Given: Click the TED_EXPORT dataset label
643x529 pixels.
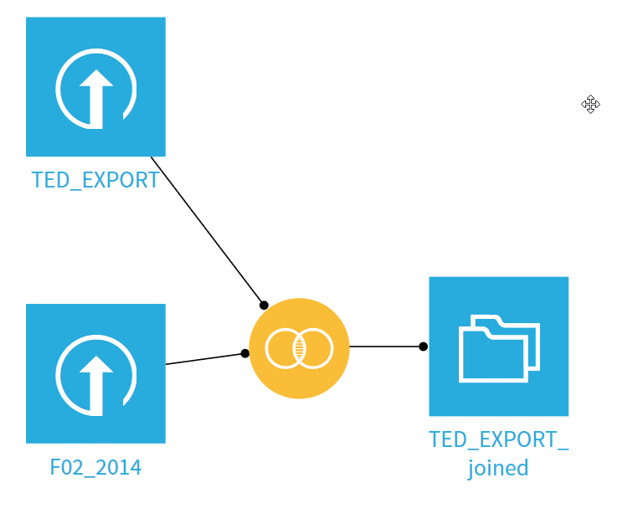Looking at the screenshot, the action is click(95, 180).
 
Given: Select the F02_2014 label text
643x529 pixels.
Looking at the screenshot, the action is click(95, 467).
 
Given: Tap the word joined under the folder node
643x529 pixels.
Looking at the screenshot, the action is click(498, 468).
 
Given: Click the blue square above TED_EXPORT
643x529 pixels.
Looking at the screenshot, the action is click(95, 86).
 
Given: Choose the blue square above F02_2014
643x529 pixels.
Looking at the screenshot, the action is click(95, 373).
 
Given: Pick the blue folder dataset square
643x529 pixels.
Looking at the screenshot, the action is click(499, 347).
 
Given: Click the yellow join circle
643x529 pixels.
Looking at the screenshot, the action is click(300, 348).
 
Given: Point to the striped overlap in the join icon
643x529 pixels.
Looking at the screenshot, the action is click(300, 348).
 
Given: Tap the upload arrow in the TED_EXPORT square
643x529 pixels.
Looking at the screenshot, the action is click(96, 99).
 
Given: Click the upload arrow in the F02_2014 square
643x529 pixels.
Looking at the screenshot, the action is click(96, 385).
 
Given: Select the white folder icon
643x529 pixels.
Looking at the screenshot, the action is click(499, 348).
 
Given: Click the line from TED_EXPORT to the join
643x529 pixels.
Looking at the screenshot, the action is click(208, 231).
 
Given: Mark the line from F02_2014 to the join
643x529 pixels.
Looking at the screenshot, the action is click(205, 359).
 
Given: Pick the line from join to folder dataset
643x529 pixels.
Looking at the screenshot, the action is click(386, 347).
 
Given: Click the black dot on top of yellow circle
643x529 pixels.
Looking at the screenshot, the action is click(264, 306).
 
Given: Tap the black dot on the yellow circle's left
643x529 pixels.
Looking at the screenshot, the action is click(244, 353).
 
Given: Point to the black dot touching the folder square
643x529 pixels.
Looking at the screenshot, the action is click(423, 347).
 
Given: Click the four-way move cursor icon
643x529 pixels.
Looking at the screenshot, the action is click(590, 104).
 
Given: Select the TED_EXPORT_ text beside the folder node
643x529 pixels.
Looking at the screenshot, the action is click(499, 439).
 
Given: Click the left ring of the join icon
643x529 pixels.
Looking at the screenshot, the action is click(265, 348).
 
